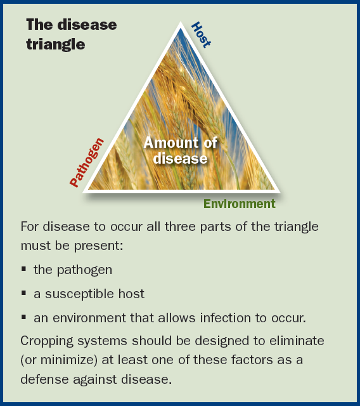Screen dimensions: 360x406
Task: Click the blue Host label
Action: click(201, 35)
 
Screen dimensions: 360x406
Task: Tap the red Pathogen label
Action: click(87, 162)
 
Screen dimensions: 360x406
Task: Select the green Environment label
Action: click(240, 204)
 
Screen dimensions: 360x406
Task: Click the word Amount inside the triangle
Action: click(172, 142)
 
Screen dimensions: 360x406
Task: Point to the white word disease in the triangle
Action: click(180, 159)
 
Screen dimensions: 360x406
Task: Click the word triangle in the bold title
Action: click(56, 44)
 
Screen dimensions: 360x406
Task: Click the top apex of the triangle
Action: click(181, 22)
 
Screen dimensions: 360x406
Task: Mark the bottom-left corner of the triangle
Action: click(83, 192)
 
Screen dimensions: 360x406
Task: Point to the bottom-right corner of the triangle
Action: click(280, 192)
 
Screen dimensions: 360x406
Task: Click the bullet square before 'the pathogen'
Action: click(24, 269)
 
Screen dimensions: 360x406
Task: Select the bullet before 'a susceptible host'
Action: click(24, 293)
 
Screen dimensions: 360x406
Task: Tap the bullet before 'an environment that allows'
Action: click(24, 317)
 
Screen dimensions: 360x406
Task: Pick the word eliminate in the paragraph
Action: click(297, 341)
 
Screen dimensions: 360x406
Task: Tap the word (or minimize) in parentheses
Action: click(59, 360)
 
